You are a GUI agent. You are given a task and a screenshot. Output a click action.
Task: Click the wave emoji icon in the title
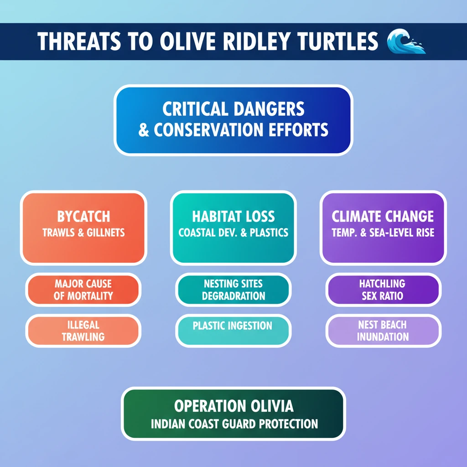[x=406, y=41]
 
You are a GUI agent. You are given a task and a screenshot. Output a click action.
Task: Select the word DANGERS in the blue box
[x=269, y=109]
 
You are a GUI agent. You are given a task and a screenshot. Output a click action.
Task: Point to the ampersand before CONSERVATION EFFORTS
[x=144, y=130]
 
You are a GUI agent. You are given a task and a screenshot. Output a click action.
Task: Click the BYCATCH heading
[x=83, y=217]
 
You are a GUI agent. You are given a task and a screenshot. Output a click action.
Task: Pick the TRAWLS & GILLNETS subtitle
[x=83, y=233]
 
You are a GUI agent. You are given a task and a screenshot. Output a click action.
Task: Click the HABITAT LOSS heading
[x=233, y=217]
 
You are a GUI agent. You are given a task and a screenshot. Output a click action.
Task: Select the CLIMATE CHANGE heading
[x=383, y=217]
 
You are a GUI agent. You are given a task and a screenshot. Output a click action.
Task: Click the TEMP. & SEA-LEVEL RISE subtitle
[x=383, y=233]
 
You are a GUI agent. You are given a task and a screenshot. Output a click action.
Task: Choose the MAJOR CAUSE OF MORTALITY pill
[x=83, y=290]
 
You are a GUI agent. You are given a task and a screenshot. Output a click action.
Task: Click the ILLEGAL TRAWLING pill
[x=83, y=331]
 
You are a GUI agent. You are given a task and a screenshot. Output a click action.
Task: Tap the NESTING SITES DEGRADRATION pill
[x=233, y=290]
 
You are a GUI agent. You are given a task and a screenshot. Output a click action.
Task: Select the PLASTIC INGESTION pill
[x=233, y=331]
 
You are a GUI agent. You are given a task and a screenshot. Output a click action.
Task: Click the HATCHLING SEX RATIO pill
[x=383, y=290]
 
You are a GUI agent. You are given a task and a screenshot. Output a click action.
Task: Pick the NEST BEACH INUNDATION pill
[x=383, y=331]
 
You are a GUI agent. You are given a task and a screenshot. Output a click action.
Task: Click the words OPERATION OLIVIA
[x=234, y=406]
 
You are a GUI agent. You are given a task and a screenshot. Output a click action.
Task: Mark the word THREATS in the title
[x=79, y=41]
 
